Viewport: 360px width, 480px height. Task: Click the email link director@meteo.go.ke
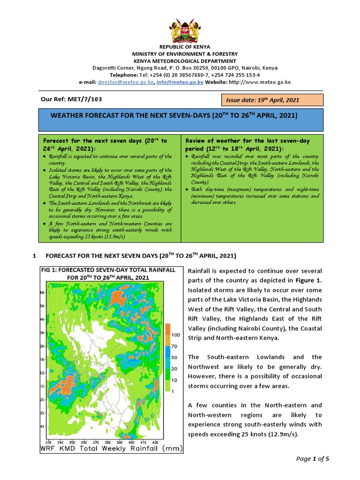click(x=125, y=82)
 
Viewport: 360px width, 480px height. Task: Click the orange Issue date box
click(x=272, y=100)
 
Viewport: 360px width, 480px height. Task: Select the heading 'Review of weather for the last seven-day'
click(x=247, y=141)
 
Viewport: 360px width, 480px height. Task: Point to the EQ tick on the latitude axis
click(x=42, y=373)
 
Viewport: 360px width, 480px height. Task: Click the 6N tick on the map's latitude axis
click(x=42, y=292)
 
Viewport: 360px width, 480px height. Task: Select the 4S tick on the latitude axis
click(x=42, y=427)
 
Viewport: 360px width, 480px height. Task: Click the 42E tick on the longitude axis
click(x=156, y=442)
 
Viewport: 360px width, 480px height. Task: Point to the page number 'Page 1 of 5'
click(x=313, y=459)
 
